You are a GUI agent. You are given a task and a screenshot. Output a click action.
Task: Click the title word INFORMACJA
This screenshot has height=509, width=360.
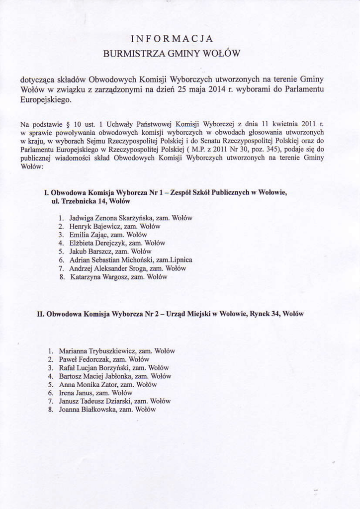tap(172, 39)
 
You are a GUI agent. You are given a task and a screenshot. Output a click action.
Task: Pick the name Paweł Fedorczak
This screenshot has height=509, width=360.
tap(84, 359)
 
